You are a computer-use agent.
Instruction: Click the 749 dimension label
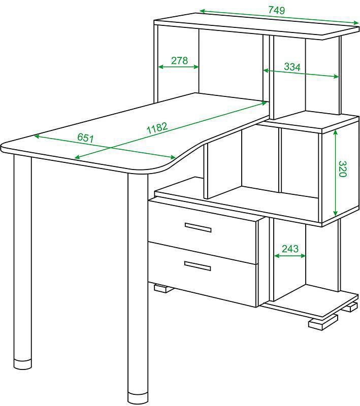click(276, 10)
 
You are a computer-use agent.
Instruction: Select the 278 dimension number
click(179, 60)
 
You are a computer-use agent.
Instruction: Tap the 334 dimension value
click(292, 67)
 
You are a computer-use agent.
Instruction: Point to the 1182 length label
click(157, 128)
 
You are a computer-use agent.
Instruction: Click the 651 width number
click(85, 138)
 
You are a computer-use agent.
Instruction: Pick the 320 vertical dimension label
click(342, 169)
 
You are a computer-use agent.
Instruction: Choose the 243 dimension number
click(290, 249)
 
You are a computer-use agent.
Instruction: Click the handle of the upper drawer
click(198, 227)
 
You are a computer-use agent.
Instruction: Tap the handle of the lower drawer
click(198, 265)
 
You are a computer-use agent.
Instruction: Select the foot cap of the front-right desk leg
click(138, 400)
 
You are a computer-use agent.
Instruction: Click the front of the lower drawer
click(202, 274)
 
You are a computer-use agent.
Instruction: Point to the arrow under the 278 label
click(178, 67)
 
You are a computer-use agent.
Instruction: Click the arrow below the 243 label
click(290, 256)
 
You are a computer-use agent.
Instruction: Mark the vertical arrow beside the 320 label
click(336, 173)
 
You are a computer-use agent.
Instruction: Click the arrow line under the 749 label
click(279, 17)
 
